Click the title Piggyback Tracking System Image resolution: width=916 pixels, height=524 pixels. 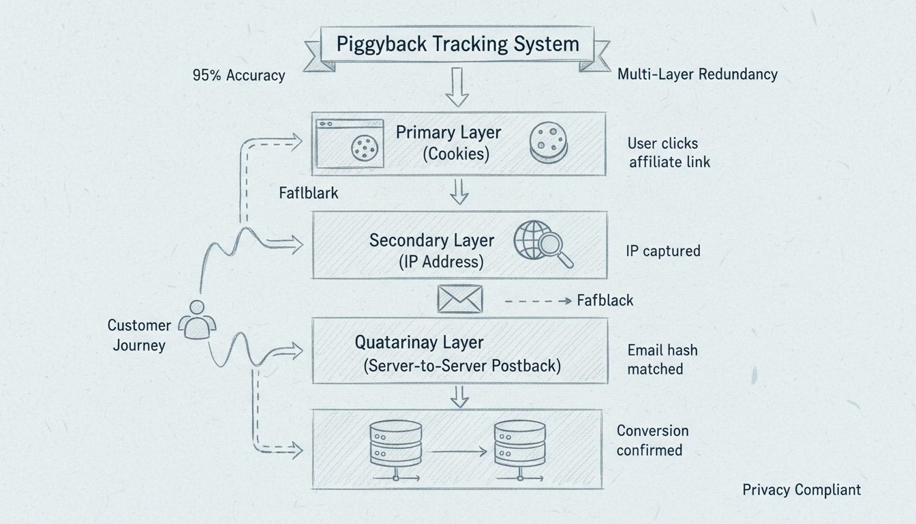(457, 45)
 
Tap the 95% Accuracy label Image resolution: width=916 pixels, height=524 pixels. (239, 75)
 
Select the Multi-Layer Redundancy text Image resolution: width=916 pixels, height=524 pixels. (697, 74)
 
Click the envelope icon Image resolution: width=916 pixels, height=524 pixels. (460, 299)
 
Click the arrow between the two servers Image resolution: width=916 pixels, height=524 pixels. (458, 451)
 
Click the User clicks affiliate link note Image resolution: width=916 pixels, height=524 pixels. (669, 153)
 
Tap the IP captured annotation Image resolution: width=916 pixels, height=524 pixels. (662, 251)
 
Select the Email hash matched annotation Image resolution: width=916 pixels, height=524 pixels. (662, 360)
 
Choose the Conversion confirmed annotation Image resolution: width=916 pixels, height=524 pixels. (652, 440)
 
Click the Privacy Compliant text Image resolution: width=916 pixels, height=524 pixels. (801, 489)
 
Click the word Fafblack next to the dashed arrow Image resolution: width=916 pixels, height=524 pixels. (605, 300)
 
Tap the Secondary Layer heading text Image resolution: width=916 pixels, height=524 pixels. (431, 240)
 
